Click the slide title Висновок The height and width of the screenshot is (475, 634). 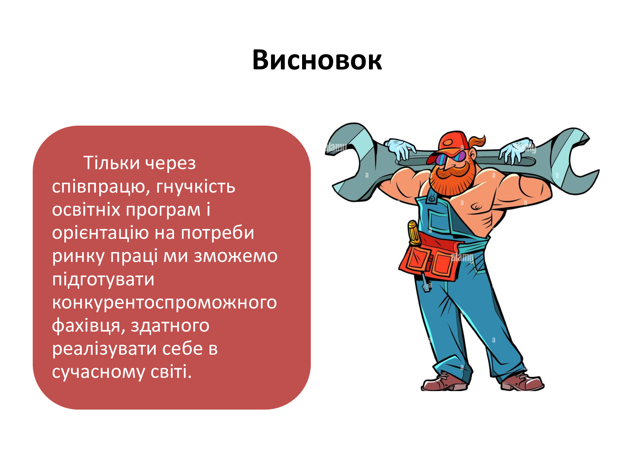pos(317,60)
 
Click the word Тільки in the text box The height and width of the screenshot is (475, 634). pos(111,163)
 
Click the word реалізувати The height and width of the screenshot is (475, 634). pos(104,349)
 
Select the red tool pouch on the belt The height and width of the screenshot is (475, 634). pos(430,256)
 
